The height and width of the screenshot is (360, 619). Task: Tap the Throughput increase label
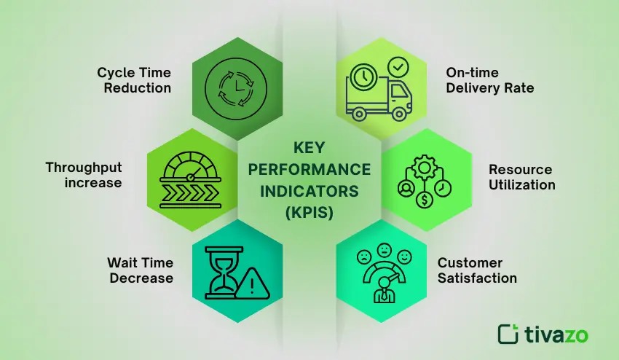pos(83,175)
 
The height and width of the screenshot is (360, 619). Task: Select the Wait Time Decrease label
pos(140,270)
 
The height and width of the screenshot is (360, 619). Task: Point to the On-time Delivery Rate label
pos(489,80)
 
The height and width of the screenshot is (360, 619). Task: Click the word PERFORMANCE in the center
pos(309,170)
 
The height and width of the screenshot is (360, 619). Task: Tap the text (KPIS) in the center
pos(309,214)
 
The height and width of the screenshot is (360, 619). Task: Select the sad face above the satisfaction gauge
pos(362,257)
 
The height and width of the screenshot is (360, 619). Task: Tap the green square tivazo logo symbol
pos(508,333)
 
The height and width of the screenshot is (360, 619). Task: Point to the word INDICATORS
pos(309,192)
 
